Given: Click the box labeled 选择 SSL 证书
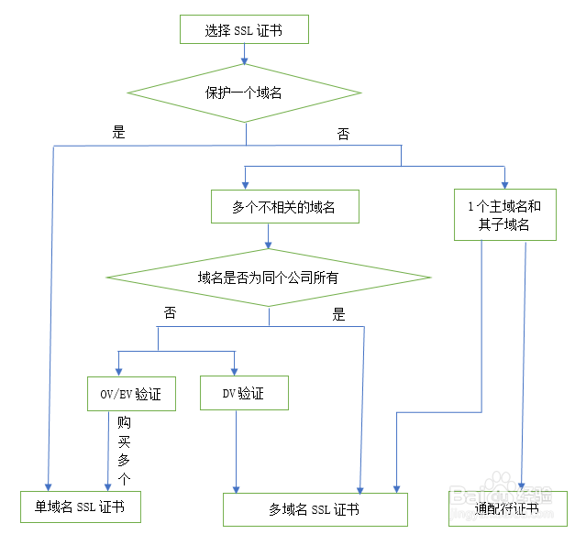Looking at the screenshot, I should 243,30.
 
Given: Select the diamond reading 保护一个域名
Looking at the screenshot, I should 244,93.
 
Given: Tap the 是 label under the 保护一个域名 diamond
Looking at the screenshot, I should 118,132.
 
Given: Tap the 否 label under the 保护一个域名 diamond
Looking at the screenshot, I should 343,134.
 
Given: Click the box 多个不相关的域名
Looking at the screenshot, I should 283,208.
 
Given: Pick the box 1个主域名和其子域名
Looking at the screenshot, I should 504,214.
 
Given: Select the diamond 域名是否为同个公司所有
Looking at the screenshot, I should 268,277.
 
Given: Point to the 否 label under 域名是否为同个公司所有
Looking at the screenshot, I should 170,312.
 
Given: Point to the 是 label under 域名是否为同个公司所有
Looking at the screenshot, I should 338,315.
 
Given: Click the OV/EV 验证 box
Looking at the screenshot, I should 131,394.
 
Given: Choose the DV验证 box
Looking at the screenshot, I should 244,393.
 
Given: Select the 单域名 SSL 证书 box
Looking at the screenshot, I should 81,506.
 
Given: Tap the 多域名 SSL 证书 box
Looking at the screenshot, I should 315,509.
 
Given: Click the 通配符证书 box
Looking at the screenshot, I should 507,507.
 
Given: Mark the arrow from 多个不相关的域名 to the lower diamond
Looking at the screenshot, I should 268,236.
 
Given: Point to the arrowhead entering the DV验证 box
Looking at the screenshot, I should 235,369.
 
